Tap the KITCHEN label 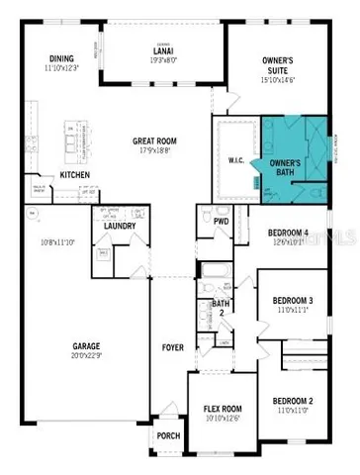(76, 175)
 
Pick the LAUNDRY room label (120, 227)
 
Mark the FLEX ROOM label (223, 408)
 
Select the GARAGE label (86, 347)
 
